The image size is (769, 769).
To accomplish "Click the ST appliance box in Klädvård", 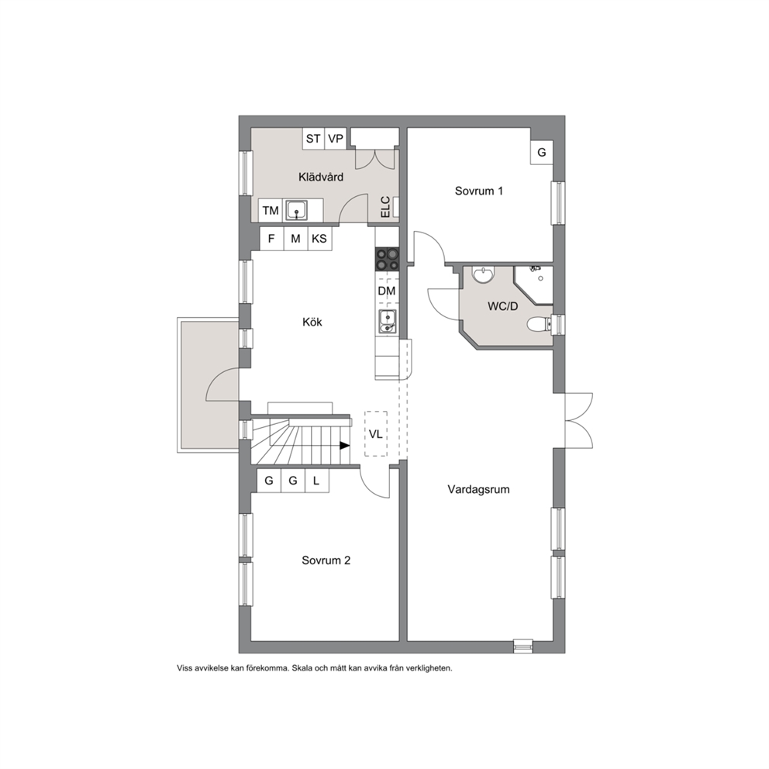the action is pyautogui.click(x=313, y=138).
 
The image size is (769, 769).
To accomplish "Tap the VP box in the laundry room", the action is pyautogui.click(x=336, y=138).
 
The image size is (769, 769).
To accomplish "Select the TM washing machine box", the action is pyautogui.click(x=271, y=210).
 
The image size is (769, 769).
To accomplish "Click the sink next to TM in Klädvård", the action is pyautogui.click(x=296, y=210).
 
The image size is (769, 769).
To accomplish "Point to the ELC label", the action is pyautogui.click(x=385, y=207).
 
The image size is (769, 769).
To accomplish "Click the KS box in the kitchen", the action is pyautogui.click(x=319, y=239).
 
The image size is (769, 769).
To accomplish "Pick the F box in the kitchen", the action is pyautogui.click(x=271, y=239).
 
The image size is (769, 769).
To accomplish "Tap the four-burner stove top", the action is pyautogui.click(x=388, y=260).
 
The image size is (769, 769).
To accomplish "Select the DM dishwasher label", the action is pyautogui.click(x=387, y=291).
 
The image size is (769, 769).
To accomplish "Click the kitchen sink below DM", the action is pyautogui.click(x=388, y=322).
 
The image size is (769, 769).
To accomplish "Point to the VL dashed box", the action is pyautogui.click(x=376, y=434).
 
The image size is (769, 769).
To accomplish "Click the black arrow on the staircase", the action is pyautogui.click(x=345, y=445).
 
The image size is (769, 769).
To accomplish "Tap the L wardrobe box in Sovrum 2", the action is pyautogui.click(x=317, y=481).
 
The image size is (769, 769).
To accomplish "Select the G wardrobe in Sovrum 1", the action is pyautogui.click(x=542, y=153).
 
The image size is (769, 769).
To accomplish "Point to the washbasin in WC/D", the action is pyautogui.click(x=484, y=274).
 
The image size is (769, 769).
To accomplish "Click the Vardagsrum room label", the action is pyautogui.click(x=478, y=489).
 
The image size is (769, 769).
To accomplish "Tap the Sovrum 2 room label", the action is pyautogui.click(x=326, y=560).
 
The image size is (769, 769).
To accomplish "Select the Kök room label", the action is pyautogui.click(x=312, y=322).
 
